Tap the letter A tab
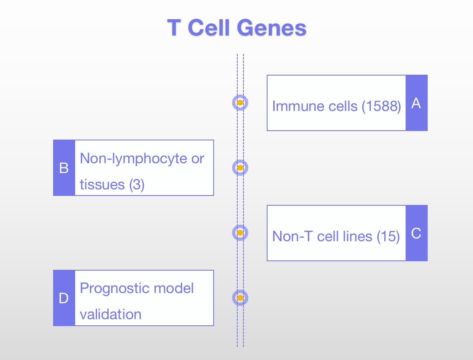coord(416,103)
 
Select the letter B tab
coord(64,168)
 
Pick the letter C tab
coord(416,233)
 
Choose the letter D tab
coord(64,298)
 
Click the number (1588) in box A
coord(382,106)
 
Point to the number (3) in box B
coord(137,184)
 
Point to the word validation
coord(111,315)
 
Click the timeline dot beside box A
coord(240,102)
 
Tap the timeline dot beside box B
coord(240,168)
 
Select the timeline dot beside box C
coord(240,233)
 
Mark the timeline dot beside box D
coord(240,298)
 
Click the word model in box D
coord(174,289)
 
